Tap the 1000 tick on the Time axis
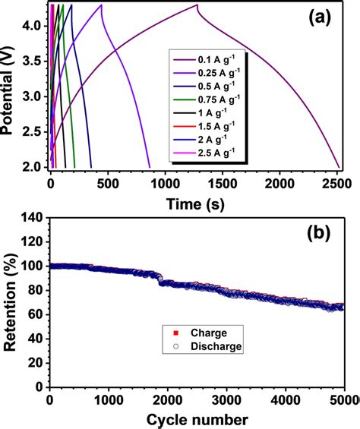165,183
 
